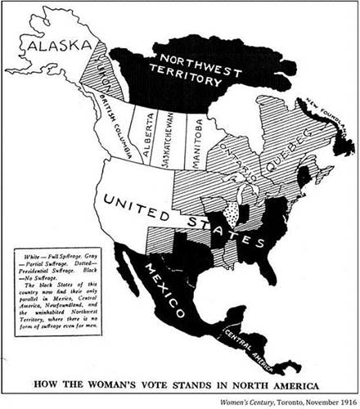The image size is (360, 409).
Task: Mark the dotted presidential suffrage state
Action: pos(237,215)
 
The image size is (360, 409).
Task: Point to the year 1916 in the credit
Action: pos(345,400)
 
